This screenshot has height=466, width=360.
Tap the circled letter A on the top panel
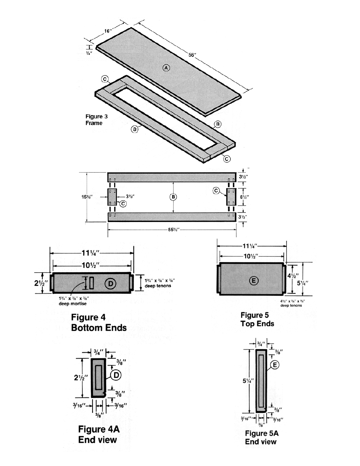[x=166, y=68]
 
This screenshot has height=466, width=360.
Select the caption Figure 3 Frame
[x=94, y=120]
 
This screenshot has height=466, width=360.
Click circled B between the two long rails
[x=173, y=197]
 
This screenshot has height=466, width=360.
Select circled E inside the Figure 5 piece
[x=254, y=280]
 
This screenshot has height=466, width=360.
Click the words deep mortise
[x=73, y=303]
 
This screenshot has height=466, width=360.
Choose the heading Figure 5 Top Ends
[x=257, y=319]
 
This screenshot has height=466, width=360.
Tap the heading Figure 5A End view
[x=262, y=437]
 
